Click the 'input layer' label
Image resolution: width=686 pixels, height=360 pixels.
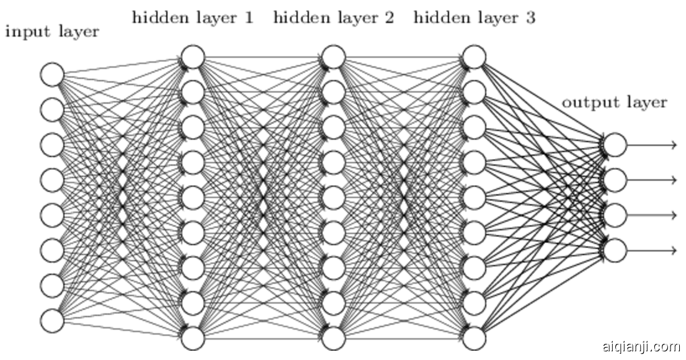pos(52,32)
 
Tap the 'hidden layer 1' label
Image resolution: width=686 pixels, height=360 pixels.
pos(193,18)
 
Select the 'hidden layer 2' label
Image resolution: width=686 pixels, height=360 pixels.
pos(334,18)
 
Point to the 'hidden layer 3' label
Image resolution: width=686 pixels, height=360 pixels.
pos(474,18)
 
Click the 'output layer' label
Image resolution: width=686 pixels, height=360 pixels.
pos(615,102)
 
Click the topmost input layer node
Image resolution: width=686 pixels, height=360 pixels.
pos(52,74)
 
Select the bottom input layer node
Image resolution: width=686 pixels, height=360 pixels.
pos(52,321)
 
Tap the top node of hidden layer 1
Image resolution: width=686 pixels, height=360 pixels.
pos(193,57)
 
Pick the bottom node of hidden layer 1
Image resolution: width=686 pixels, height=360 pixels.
pos(193,338)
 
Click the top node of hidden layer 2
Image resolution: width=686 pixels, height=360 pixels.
pos(334,57)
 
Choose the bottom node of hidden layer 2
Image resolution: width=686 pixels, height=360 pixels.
pos(334,338)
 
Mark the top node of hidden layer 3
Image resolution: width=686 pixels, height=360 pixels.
pos(474,57)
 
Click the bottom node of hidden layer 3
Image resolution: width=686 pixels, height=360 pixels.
pos(474,338)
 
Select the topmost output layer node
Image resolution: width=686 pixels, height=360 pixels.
pos(615,145)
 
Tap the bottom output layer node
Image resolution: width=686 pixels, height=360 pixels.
pos(615,251)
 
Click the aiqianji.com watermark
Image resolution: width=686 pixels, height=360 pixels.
pos(641,347)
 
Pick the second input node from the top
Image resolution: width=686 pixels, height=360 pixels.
pos(52,110)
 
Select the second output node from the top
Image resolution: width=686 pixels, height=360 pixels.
pos(615,181)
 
